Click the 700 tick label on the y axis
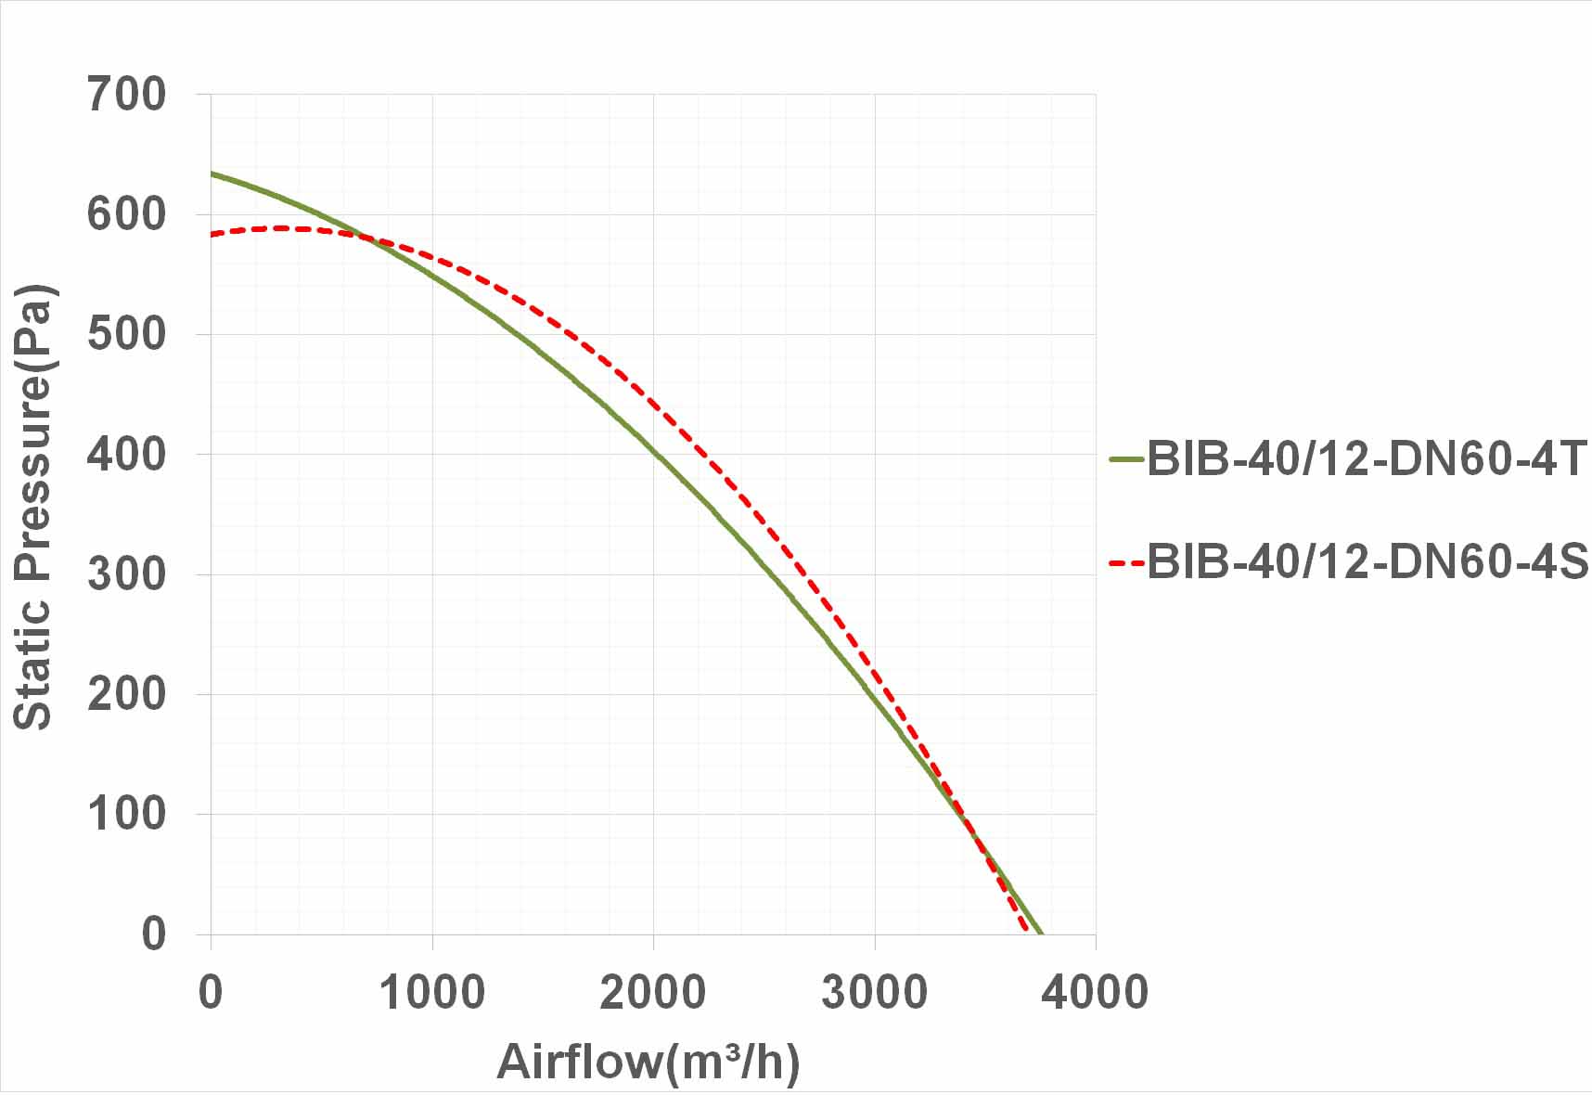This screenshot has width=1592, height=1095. point(126,95)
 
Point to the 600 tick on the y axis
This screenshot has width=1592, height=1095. point(126,214)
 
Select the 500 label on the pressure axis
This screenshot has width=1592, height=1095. point(126,334)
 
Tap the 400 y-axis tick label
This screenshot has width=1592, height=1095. point(126,455)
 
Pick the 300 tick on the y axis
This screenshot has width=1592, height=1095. point(126,574)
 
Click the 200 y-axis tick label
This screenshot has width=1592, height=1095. point(126,694)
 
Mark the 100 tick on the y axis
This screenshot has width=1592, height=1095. point(126,814)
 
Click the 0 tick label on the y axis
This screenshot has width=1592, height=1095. point(153,934)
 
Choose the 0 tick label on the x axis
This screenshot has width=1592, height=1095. point(211,992)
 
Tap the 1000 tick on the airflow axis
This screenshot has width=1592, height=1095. point(432,992)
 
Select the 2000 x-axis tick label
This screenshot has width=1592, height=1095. point(653,992)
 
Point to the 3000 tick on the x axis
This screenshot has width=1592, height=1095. point(875,992)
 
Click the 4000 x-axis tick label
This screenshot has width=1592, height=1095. point(1096,992)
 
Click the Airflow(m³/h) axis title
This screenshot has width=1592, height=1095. point(648,1062)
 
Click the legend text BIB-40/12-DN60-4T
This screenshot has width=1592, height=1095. point(1367,458)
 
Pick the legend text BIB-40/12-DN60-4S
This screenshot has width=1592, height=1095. point(1367,561)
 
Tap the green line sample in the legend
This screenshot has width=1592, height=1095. point(1126,458)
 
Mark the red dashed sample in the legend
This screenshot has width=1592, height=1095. point(1126,562)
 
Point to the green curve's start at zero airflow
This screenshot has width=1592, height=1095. point(212,174)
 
